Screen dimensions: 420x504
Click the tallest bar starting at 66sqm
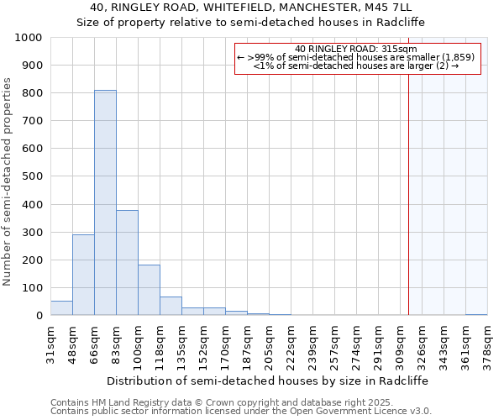pos(105,202)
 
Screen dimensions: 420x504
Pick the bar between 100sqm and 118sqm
pos(149,290)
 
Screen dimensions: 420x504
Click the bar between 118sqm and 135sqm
pos(171,307)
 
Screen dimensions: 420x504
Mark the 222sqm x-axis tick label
pos(291,343)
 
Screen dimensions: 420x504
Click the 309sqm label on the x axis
pos(401,343)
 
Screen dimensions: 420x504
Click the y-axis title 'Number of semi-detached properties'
pos(8,181)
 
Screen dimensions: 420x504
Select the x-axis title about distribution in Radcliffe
pos(267,381)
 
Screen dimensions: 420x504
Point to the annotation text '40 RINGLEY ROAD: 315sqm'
pos(357,50)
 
